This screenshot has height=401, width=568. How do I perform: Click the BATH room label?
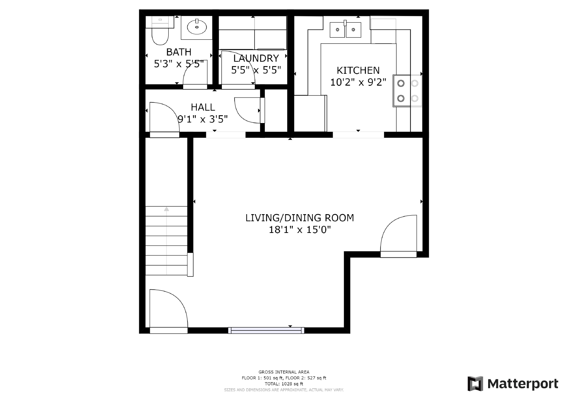tap(179, 52)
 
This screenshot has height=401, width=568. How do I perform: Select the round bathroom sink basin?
tap(197, 27)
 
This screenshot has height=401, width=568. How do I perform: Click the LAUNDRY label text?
tap(256, 58)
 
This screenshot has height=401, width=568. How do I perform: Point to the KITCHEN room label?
tap(358, 70)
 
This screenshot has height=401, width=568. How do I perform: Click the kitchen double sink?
tap(345, 30)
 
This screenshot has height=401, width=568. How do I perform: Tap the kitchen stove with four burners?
tap(407, 91)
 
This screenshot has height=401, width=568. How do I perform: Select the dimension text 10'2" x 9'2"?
tap(358, 82)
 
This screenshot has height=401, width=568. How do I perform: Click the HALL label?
tap(203, 107)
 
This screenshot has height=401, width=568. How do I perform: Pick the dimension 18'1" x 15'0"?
tap(300, 230)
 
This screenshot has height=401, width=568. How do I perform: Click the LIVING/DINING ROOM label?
tap(300, 218)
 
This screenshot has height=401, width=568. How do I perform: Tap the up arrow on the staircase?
tap(166, 209)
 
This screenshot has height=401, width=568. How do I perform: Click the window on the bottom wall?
tap(266, 330)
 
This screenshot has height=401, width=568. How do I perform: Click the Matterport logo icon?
tap(475, 384)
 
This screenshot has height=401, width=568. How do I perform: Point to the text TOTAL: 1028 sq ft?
tap(284, 384)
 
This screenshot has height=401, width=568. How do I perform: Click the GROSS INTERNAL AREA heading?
tap(284, 372)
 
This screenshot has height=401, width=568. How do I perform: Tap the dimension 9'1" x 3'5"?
tap(203, 119)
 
